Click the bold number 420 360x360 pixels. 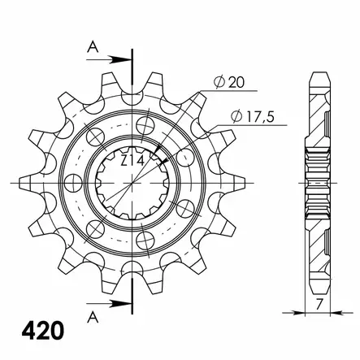[x=43, y=331]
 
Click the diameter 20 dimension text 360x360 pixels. [x=229, y=82]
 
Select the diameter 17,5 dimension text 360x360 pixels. [x=253, y=117]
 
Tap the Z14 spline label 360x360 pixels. [x=132, y=162]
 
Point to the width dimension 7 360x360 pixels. [x=319, y=304]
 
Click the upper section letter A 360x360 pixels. [x=93, y=47]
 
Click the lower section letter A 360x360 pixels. [x=93, y=317]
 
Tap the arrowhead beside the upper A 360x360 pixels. [x=120, y=59]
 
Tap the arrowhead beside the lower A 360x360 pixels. [x=120, y=304]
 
